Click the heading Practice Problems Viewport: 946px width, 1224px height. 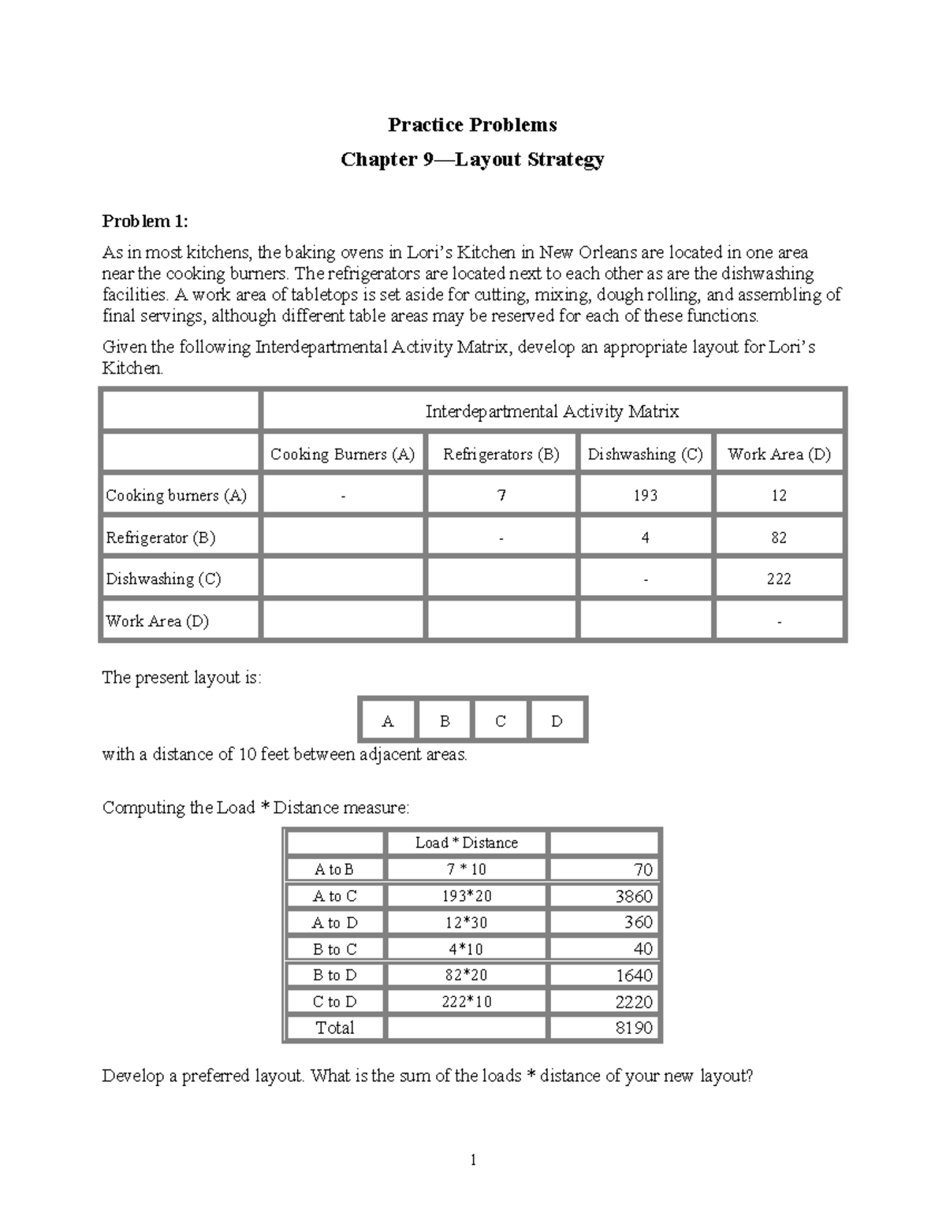(x=472, y=125)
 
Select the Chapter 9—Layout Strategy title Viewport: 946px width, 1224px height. (x=472, y=159)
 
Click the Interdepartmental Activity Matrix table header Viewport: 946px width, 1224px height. (x=552, y=411)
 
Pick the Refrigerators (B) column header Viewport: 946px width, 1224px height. (x=501, y=454)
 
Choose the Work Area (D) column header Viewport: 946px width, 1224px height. (x=779, y=454)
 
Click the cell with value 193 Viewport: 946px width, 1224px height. (x=645, y=496)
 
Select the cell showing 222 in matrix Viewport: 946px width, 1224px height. (x=779, y=579)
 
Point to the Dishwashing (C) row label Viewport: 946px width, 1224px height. (x=163, y=579)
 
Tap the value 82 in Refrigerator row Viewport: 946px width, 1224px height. (x=779, y=538)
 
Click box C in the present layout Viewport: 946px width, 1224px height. (x=501, y=721)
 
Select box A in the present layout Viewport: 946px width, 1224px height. (x=387, y=721)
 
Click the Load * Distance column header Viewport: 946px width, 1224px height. (x=466, y=843)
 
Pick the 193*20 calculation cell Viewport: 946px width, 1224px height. (x=466, y=896)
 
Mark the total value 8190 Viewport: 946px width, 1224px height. (x=634, y=1028)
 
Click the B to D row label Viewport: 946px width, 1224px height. (x=334, y=975)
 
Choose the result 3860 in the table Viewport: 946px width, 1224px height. (x=634, y=896)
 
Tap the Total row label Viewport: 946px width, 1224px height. (x=334, y=1028)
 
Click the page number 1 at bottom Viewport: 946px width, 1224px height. (x=473, y=1159)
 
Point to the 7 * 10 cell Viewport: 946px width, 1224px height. (x=466, y=869)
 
